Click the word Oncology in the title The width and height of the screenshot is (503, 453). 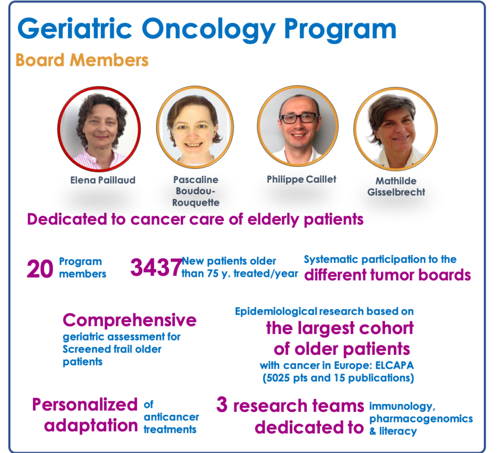coord(208,29)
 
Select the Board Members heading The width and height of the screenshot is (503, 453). coord(82,60)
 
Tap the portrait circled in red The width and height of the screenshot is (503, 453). coord(99,129)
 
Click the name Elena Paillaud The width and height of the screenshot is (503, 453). coord(103,180)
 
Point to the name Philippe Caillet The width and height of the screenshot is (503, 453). coord(301,180)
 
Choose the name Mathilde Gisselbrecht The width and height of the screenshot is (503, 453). coord(396,187)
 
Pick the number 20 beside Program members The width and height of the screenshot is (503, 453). coord(40,268)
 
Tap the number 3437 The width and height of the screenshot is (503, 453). coord(156,267)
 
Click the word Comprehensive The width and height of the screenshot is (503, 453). coord(130,320)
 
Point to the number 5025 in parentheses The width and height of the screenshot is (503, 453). coord(279,378)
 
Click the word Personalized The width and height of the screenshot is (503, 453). coord(84,404)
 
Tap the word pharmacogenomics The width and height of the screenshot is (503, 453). coord(421,419)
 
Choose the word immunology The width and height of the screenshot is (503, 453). coord(402,406)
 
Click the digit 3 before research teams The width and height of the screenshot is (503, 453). coord(222,404)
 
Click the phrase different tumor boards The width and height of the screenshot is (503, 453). coord(388,275)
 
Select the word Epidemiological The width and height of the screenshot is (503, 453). coord(276,312)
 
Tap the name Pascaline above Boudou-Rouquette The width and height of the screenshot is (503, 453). coord(196,180)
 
